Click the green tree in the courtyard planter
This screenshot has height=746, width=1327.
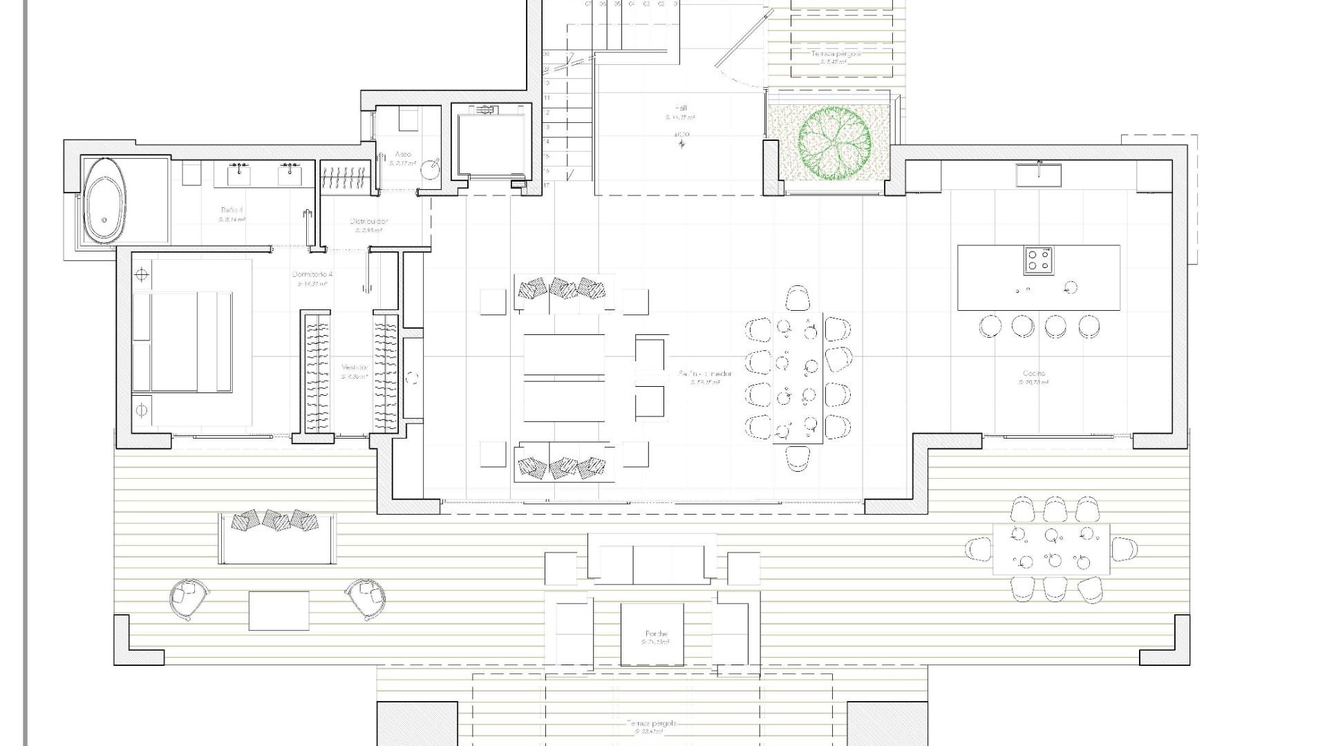point(834,143)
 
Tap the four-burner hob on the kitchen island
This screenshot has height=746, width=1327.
point(1037,260)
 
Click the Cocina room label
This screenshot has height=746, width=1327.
point(1034,374)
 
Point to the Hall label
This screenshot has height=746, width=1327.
point(681,108)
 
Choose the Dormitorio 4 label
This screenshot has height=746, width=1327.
point(312,275)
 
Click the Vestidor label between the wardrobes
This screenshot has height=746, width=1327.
point(355,368)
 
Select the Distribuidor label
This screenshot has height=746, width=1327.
point(369,222)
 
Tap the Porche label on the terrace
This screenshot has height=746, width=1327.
point(656,633)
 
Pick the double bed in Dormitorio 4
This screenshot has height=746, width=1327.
point(182,342)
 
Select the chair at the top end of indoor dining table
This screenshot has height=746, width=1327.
point(797,298)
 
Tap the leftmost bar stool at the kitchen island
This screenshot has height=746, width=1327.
point(990,326)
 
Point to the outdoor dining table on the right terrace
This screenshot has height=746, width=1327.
point(1051,548)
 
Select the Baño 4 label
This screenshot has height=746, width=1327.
point(232,209)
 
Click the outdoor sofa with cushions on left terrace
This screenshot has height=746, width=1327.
point(277,539)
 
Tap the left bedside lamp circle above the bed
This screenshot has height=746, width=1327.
point(141,276)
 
